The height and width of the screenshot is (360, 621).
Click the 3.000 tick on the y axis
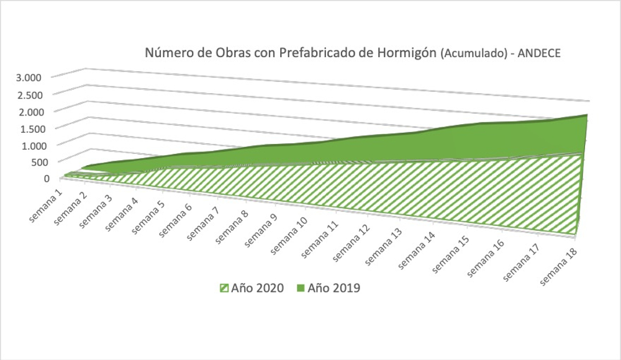[x=29, y=77]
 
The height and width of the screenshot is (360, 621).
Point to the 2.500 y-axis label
[x=29, y=94]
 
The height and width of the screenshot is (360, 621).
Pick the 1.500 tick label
[x=29, y=128]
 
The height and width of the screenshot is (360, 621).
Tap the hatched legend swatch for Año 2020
[x=222, y=288]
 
